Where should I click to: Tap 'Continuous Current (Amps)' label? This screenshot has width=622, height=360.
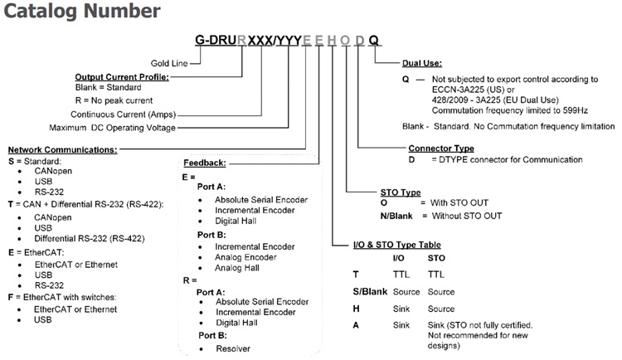pos(122,114)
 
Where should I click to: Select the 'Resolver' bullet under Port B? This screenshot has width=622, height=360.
pos(234,348)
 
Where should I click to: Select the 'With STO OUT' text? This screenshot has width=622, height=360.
pos(461,202)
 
